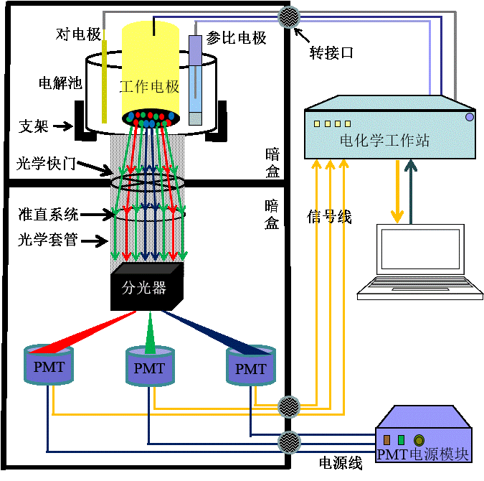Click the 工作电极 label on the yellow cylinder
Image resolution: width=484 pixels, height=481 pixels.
[x=150, y=88]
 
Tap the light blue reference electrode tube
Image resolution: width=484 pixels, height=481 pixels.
[x=195, y=75]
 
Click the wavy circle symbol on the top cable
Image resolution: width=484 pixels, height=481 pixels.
[x=288, y=16]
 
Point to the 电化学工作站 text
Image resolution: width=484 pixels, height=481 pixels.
[x=384, y=141]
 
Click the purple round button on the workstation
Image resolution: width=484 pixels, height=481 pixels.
[x=469, y=116]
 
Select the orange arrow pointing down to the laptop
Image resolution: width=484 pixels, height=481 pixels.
[x=397, y=191]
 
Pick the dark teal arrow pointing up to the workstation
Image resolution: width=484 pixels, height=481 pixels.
[x=410, y=191]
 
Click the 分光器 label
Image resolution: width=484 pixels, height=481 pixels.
[x=144, y=289]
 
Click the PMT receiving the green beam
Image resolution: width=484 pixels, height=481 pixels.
[x=150, y=368]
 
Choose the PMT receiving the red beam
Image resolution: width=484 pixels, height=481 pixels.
[x=49, y=366]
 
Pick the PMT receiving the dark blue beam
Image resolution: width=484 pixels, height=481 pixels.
[x=251, y=368]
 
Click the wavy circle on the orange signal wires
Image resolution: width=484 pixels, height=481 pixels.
[x=288, y=406]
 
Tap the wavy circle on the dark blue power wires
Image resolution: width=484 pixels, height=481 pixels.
[x=288, y=441]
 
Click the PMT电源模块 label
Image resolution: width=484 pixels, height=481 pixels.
[x=423, y=454]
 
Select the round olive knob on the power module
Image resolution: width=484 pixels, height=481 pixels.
[x=419, y=440]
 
